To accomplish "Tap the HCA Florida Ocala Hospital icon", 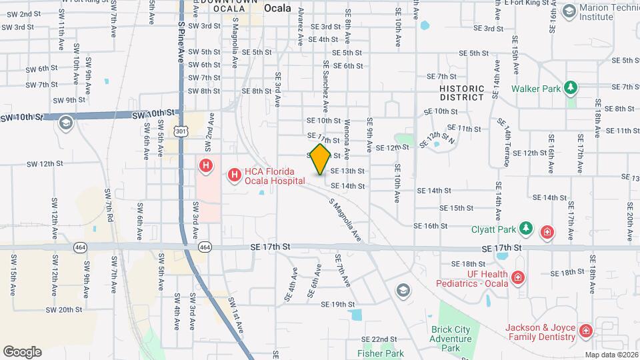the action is (x=235, y=175).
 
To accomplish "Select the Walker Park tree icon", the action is (x=570, y=88).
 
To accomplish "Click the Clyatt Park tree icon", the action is (x=526, y=229).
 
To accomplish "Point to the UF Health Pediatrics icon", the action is (x=517, y=277).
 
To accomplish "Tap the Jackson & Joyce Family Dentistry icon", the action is (x=585, y=331).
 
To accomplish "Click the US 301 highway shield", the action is (x=181, y=132).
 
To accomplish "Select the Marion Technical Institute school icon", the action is (x=569, y=11).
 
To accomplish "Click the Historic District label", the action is (x=461, y=93).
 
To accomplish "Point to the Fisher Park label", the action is (x=381, y=353).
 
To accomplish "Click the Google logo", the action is (x=22, y=352).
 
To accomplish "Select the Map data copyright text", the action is (x=611, y=355).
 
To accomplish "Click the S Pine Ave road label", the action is (x=180, y=41).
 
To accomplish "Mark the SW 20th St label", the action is (x=64, y=310).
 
